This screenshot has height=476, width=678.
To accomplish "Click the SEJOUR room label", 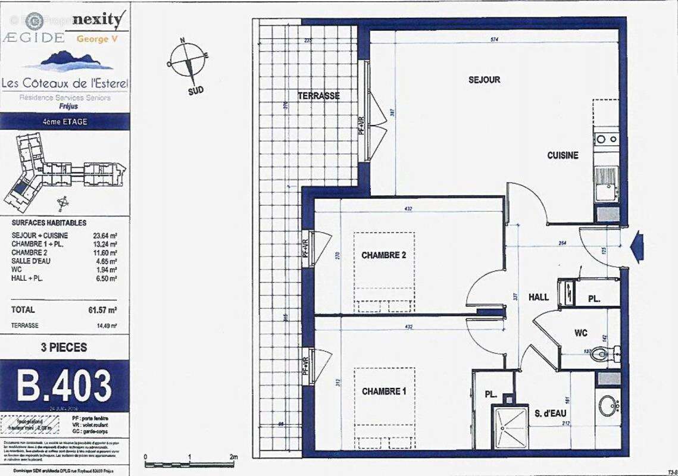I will (x=484, y=80).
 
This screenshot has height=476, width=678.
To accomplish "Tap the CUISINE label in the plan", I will (x=563, y=155).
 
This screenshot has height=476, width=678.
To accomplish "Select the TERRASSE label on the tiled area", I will (x=319, y=96).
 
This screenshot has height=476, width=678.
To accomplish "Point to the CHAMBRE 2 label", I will (x=383, y=255).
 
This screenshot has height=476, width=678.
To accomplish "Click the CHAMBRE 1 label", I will (x=383, y=392).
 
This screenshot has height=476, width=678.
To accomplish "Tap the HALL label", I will (x=538, y=297).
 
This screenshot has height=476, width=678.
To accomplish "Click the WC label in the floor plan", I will (x=581, y=333).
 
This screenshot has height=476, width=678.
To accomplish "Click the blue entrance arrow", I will (x=636, y=246).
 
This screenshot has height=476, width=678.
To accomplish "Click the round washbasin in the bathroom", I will (x=608, y=406).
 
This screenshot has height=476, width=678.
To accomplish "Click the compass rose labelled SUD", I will (x=189, y=63).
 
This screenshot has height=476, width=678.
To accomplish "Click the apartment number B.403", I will (x=64, y=386).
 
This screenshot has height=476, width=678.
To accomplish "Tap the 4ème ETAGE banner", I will (x=64, y=121).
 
